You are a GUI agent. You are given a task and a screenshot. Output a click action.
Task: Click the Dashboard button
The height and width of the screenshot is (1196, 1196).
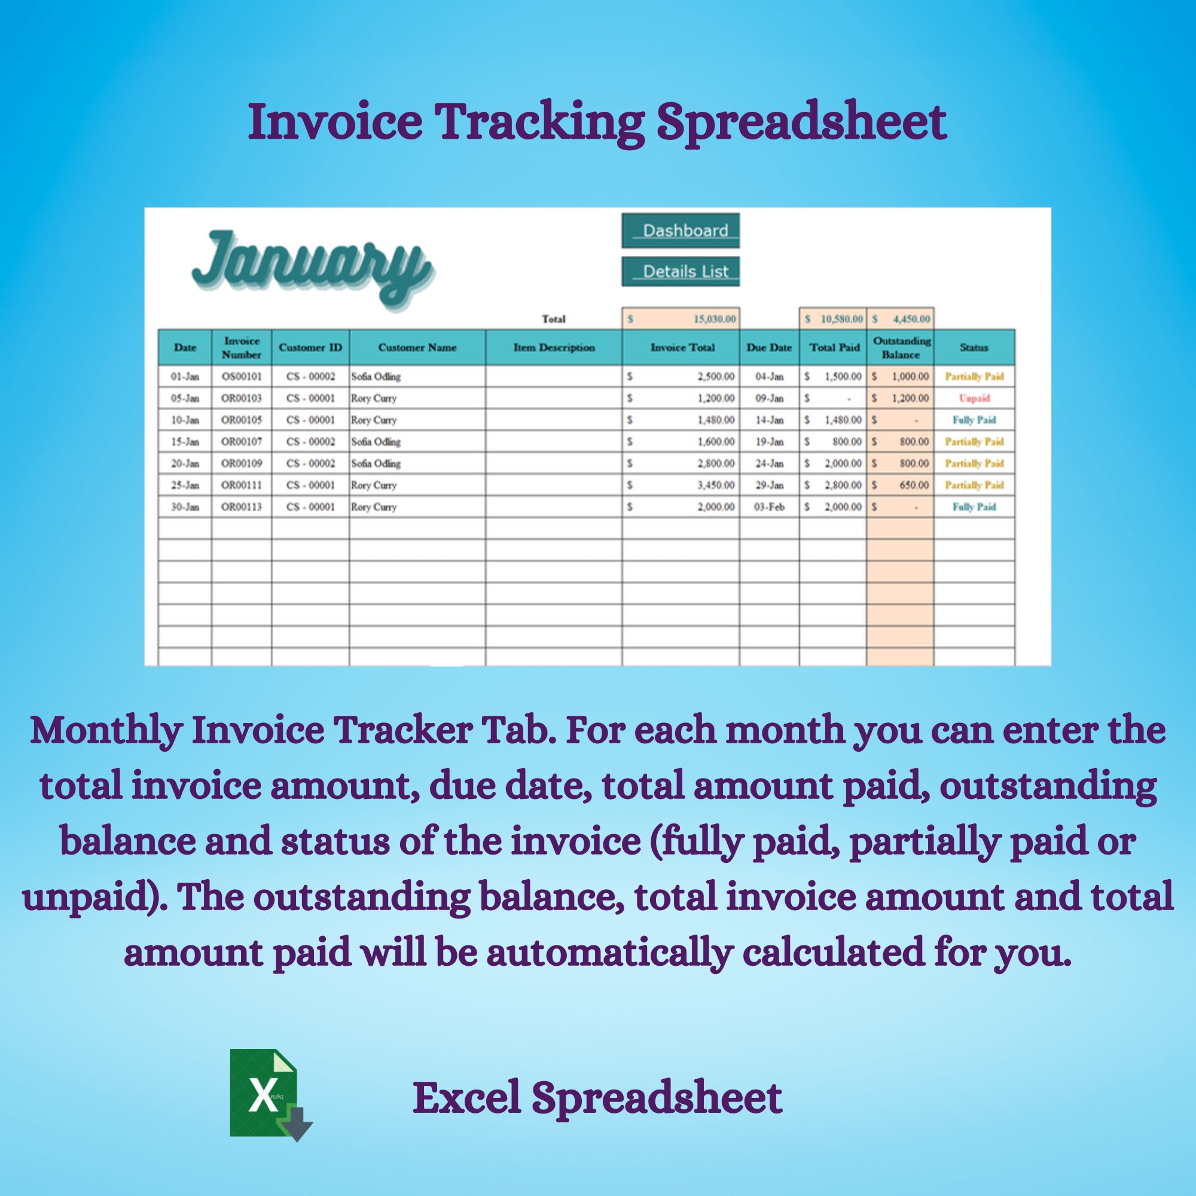pyautogui.click(x=681, y=231)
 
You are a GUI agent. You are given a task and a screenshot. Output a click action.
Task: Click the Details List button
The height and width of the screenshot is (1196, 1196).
pyautogui.click(x=681, y=271)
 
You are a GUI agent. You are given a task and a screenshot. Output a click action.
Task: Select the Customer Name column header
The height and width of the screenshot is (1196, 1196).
pyautogui.click(x=417, y=347)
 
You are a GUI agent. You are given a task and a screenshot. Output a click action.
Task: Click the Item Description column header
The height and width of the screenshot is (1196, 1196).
pyautogui.click(x=553, y=347)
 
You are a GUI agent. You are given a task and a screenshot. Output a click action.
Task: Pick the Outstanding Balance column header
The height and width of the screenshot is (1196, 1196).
pyautogui.click(x=901, y=347)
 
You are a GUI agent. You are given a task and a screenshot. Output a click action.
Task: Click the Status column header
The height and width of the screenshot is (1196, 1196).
pyautogui.click(x=974, y=347)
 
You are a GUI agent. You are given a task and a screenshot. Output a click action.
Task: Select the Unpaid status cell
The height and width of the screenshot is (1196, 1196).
pyautogui.click(x=974, y=398)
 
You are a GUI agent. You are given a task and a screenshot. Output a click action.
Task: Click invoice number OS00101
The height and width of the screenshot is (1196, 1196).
pyautogui.click(x=242, y=376)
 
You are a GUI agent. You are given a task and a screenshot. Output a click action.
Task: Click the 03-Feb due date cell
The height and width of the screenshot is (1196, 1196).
pyautogui.click(x=769, y=507)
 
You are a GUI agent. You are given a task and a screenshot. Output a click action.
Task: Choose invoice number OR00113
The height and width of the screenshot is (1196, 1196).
pyautogui.click(x=242, y=507)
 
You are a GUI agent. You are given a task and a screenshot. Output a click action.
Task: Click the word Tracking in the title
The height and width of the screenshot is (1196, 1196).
pyautogui.click(x=539, y=121)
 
